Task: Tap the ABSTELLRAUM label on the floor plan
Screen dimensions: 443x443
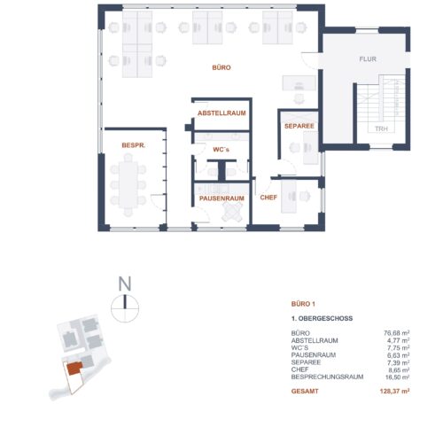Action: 221,114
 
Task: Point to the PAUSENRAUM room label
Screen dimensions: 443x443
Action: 221,198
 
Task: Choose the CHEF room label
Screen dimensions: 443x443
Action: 268,198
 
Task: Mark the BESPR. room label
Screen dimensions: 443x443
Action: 134,144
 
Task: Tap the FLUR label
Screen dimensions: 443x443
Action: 368,59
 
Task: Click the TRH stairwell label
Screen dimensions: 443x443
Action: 381,128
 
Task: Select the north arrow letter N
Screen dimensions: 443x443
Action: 125,284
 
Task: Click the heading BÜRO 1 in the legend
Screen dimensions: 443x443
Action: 304,303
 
